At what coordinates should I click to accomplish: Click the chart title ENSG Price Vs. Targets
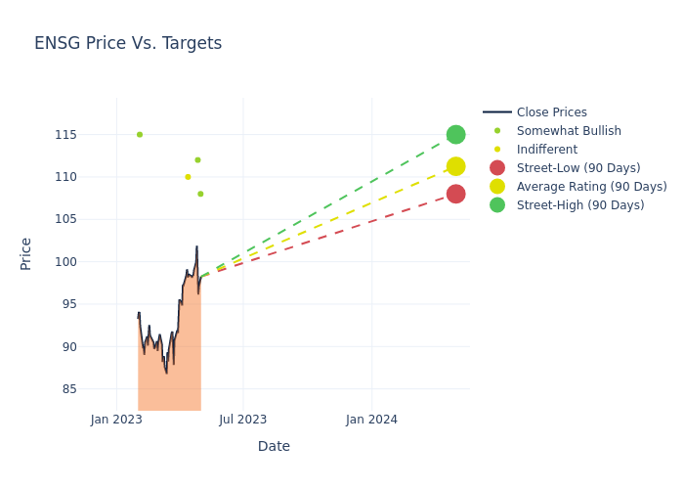[x=128, y=44]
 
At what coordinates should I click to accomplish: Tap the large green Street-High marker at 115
[x=455, y=134]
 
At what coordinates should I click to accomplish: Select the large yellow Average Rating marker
[x=455, y=167]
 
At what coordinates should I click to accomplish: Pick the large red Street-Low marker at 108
[x=455, y=194]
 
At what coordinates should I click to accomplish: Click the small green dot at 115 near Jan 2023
[x=140, y=135]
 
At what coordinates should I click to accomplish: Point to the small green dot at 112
[x=197, y=160]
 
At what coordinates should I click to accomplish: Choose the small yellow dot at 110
[x=188, y=177]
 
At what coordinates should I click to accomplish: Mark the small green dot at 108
[x=200, y=194]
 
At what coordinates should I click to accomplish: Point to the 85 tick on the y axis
[x=69, y=389]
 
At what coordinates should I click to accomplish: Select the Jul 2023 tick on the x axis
[x=243, y=420]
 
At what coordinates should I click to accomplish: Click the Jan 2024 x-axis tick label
[x=371, y=420]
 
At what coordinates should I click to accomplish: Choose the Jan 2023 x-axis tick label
[x=116, y=420]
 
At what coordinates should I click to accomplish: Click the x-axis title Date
[x=274, y=447]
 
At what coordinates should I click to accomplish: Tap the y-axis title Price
[x=26, y=253]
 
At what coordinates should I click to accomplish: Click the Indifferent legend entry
[x=546, y=150]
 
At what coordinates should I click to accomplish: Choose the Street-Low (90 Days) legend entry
[x=577, y=168]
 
